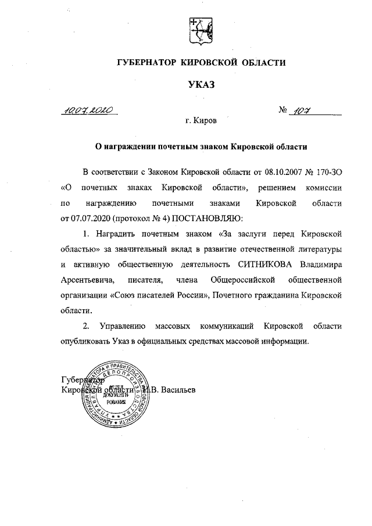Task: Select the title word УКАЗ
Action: coord(201,85)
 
